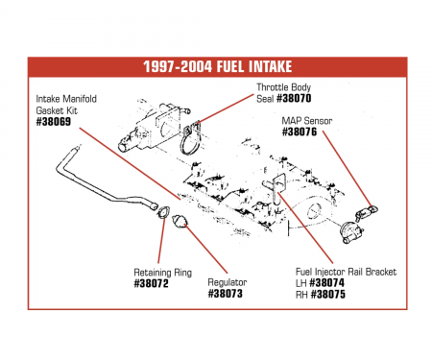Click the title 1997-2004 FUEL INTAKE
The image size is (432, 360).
[x=216, y=68]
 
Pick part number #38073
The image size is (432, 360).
[x=227, y=294]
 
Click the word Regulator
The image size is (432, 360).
[x=227, y=282]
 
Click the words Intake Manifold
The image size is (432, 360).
[x=68, y=99]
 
